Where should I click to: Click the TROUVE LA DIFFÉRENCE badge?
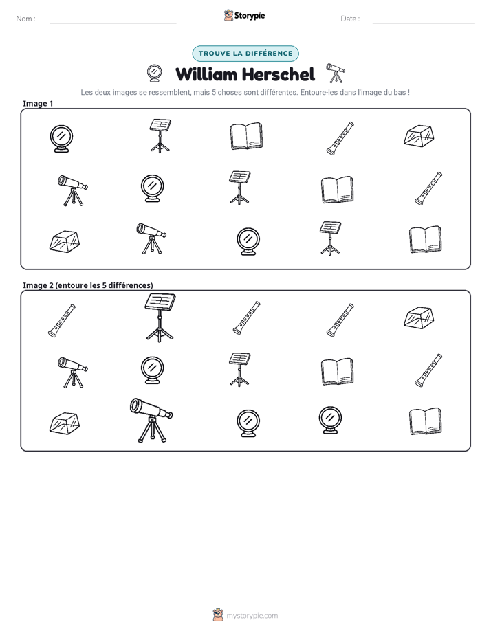coord(245,54)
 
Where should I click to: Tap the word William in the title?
coord(206,74)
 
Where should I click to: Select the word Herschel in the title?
coord(279,74)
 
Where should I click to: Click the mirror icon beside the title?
coord(154,74)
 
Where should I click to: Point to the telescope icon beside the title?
coord(336,73)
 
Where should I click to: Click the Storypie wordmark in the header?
coord(250,16)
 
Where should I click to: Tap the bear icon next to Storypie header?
coord(228,15)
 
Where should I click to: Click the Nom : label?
coord(26,19)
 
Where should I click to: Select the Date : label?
coord(350,19)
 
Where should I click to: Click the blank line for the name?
coord(113,23)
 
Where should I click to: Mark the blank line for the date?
coord(424,23)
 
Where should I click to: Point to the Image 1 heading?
coord(38,103)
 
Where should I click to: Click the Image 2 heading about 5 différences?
coord(88,285)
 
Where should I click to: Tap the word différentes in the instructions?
coord(279,92)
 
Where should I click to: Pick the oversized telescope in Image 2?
coord(151,420)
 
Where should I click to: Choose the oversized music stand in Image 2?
coord(160,317)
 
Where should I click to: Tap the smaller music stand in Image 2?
coord(239,369)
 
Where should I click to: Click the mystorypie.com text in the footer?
coord(252,616)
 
